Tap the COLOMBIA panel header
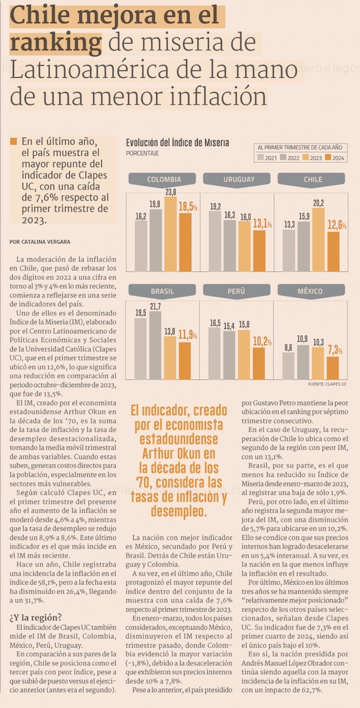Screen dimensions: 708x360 pos(163,179)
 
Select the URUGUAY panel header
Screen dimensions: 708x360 pos(238,179)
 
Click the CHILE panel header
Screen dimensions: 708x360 pos(312,179)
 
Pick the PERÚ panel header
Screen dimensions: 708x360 pos(237,291)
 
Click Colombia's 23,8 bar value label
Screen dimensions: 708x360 pos(171,192)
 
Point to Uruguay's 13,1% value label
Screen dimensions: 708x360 pos(262,224)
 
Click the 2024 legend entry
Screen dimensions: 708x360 pos(336,158)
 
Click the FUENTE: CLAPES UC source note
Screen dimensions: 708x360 pos(327,385)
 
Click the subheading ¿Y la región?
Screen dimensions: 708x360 pos(35,617)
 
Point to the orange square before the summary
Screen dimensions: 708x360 pos(14,142)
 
